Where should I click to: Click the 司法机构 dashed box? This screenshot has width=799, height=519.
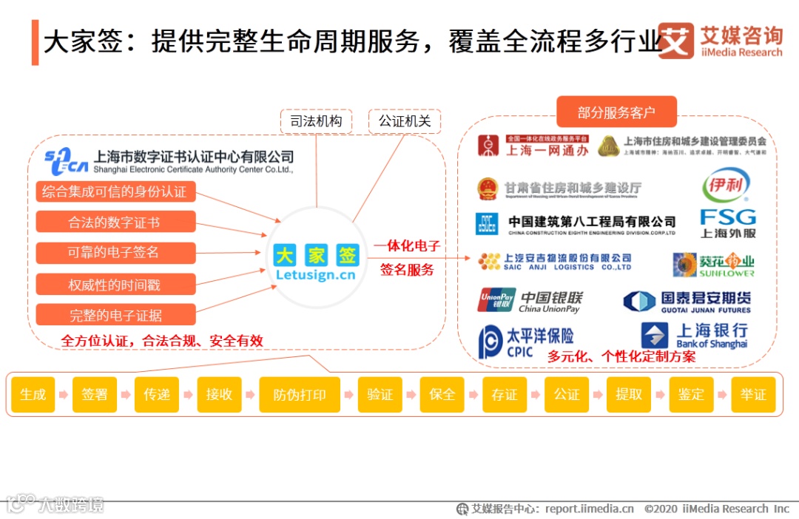point(316,121)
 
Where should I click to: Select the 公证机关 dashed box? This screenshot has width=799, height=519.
point(404,121)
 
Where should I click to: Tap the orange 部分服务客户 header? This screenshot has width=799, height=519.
point(616,112)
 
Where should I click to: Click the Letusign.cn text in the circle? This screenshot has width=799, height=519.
point(315,275)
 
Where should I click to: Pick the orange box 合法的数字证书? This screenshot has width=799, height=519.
point(115,222)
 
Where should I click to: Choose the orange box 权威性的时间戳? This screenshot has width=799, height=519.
point(115,284)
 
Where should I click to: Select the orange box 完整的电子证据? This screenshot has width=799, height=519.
point(115,315)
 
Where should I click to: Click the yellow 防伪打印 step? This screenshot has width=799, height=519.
point(300,395)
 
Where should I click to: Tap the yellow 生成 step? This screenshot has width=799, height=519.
point(33,395)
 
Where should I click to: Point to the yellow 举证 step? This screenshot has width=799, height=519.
point(753,395)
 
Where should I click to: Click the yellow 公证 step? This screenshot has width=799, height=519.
point(567,395)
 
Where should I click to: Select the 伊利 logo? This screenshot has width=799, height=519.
point(726,185)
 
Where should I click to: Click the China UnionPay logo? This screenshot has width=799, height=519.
point(530,300)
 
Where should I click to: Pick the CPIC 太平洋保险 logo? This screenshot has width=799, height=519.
point(526,342)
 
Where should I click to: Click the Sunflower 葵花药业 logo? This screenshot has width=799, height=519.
point(713,264)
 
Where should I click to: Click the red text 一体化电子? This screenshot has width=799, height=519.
point(407,246)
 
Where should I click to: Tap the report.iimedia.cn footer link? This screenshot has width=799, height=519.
point(590,509)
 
